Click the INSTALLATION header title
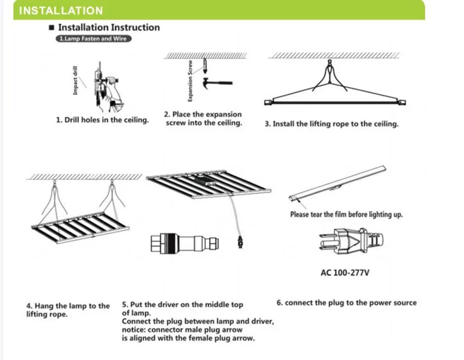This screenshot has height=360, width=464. point(61,10)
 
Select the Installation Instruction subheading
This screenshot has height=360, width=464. point(109,27)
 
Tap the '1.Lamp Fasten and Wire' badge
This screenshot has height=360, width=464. point(93,39)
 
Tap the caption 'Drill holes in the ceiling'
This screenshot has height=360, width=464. point(102,120)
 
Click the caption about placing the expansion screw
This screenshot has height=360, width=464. point(203,119)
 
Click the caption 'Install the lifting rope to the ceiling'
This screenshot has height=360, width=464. point(331,124)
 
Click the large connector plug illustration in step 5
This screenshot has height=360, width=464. point(184,243)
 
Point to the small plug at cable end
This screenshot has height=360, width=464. point(239,241)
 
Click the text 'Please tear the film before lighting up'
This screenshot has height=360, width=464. point(346,214)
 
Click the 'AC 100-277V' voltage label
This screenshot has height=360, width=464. point(345,272)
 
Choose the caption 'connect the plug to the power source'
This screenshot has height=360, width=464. point(346,303)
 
